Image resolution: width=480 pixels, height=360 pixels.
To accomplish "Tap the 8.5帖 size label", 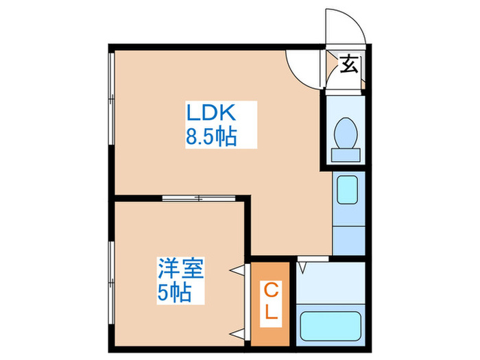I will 211,137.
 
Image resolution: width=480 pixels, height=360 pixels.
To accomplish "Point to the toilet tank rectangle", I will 345,154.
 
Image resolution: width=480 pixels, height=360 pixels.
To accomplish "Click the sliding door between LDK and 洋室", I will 199,199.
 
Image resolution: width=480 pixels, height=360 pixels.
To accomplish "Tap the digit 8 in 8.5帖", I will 191,137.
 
